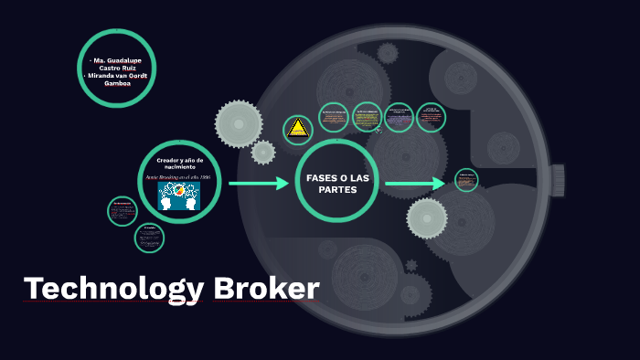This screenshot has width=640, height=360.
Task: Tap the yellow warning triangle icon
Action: point(297,130)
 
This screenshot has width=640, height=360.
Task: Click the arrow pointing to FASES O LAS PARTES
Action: point(258,184)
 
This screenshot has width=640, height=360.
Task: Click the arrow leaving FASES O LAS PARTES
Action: point(414,184)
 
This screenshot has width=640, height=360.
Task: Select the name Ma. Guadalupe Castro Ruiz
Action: point(117,63)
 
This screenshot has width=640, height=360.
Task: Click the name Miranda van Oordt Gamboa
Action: point(118,79)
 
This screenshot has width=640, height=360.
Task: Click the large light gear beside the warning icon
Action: point(239,123)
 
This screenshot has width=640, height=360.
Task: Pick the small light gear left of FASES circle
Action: point(263,153)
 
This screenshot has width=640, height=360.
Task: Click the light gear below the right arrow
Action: point(427,217)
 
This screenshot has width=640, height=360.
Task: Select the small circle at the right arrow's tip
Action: point(466,181)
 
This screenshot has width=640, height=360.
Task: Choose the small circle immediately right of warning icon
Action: point(334,117)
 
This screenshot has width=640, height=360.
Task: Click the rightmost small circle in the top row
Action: point(430,116)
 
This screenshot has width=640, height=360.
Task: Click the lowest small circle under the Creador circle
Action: point(149,238)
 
